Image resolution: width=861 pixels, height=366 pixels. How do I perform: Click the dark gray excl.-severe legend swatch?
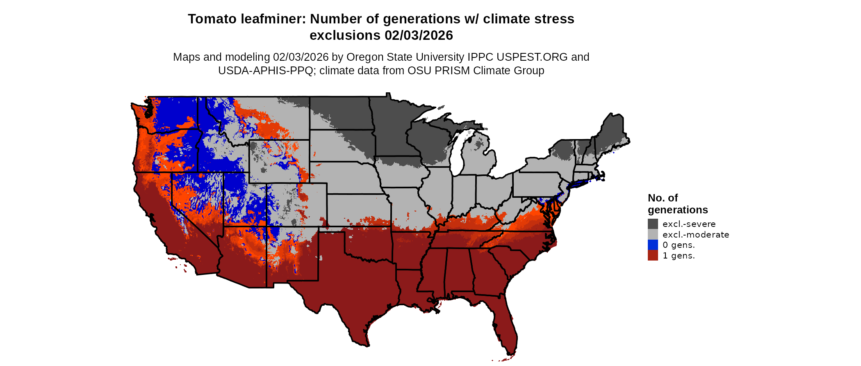[653, 224]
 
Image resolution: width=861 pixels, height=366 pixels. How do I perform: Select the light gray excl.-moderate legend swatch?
[653, 234]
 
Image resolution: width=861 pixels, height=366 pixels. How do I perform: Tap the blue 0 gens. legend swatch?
[653, 245]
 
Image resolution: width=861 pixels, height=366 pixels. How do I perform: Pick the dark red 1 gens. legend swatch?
[653, 255]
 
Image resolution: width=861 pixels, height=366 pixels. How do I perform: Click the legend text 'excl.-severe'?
[689, 224]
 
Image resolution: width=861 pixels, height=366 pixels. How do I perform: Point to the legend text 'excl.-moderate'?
[696, 235]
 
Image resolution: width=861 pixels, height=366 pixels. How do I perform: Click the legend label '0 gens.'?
[679, 245]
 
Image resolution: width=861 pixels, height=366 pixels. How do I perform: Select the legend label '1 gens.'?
[679, 256]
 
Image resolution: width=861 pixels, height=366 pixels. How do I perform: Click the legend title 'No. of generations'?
[677, 204]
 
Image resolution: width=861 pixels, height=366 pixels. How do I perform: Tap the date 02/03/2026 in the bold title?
[419, 35]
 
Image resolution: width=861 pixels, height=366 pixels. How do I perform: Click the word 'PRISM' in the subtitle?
[452, 71]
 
